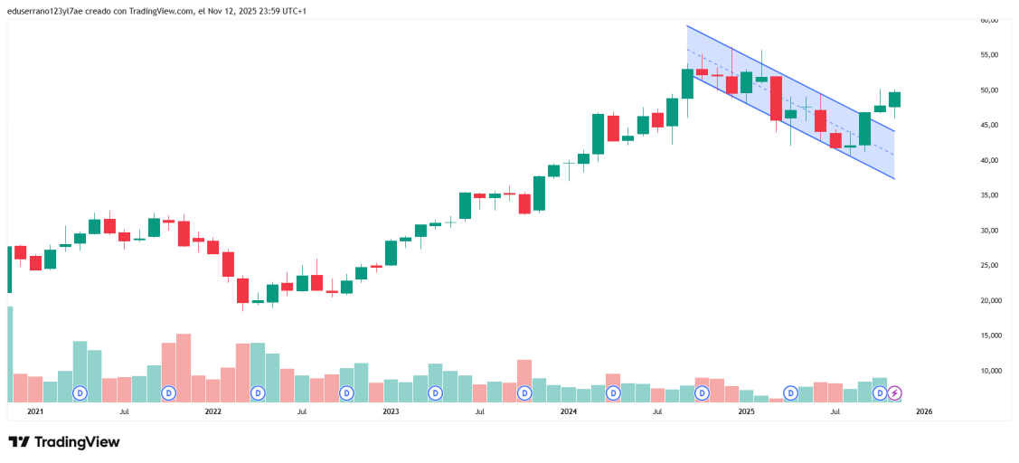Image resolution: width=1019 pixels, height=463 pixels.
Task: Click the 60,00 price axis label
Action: [x=989, y=20]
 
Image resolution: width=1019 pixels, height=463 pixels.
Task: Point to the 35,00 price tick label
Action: [x=989, y=195]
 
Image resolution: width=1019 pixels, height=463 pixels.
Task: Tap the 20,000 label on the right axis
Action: [x=989, y=300]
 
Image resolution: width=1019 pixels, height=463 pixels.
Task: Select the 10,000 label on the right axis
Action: [x=989, y=371]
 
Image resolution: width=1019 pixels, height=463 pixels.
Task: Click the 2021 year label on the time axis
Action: [x=35, y=411]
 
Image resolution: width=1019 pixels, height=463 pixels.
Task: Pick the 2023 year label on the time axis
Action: [x=391, y=411]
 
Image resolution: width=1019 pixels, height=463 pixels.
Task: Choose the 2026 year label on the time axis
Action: [x=924, y=411]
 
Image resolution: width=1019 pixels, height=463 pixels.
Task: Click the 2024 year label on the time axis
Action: [x=569, y=411]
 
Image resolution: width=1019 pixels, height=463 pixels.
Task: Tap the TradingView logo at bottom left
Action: [x=63, y=442]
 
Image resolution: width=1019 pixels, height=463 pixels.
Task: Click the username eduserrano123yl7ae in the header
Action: [x=44, y=11]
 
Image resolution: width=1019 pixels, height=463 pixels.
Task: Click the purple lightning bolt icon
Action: [x=894, y=393]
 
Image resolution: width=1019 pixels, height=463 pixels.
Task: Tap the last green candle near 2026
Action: [x=894, y=99]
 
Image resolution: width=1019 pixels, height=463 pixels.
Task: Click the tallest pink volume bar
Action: [x=184, y=366]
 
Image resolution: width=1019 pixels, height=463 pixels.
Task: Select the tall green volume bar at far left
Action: [x=10, y=353]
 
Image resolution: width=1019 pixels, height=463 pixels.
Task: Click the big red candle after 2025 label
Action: [x=776, y=98]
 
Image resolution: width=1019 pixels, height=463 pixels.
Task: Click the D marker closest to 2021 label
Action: [x=80, y=393]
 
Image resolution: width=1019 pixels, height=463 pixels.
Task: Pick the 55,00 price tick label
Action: [x=989, y=55]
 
